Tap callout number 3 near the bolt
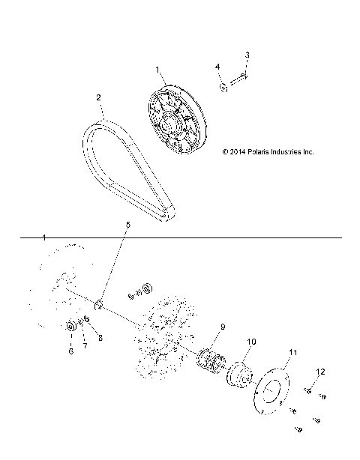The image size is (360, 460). click(247, 55)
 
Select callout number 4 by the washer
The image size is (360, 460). click(218, 67)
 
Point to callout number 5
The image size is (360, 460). click(127, 225)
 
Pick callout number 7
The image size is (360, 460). click(85, 345)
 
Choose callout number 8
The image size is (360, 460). click(101, 337)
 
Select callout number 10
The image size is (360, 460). click(250, 341)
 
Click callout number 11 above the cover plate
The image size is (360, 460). click(293, 351)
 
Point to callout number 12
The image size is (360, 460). click(320, 372)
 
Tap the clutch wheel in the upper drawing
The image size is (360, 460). click(175, 120)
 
